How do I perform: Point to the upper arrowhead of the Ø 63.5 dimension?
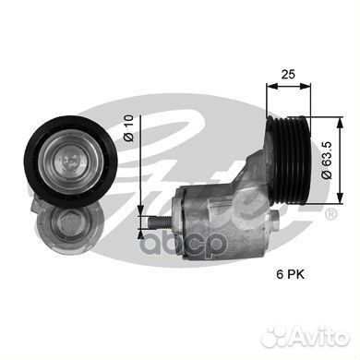pyautogui.click(x=312, y=96)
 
